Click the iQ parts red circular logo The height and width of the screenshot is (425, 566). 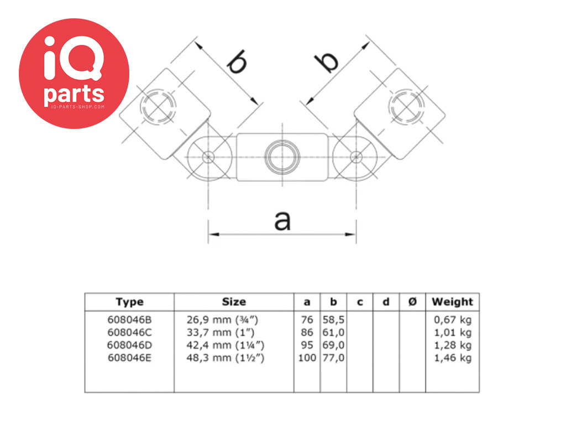coord(74,74)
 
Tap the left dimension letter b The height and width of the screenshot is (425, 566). coord(237,61)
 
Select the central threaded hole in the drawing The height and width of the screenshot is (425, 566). coord(282,157)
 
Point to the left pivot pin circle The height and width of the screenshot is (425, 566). coord(208,157)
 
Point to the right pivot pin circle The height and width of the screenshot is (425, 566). coord(357,157)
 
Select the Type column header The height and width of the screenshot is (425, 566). coord(129,302)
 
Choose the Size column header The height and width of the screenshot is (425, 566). coord(234,302)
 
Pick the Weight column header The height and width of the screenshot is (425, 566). coord(452,302)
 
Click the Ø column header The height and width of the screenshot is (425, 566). coord(412,302)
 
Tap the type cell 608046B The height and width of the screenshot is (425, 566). coord(129,320)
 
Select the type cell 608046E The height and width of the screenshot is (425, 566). coord(129,358)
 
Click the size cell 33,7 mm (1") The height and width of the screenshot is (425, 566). coord(221,333)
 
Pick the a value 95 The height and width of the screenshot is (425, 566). coord(307,345)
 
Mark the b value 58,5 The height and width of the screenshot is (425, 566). coord(333,320)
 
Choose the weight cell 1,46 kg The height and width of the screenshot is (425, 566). coord(453,358)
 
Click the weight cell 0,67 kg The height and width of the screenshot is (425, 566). coord(453,320)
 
